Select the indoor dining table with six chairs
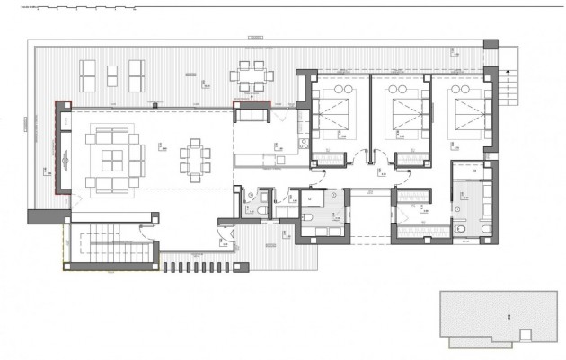(x=195, y=161)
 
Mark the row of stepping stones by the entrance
(x=203, y=268)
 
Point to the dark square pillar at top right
(x=491, y=44)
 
